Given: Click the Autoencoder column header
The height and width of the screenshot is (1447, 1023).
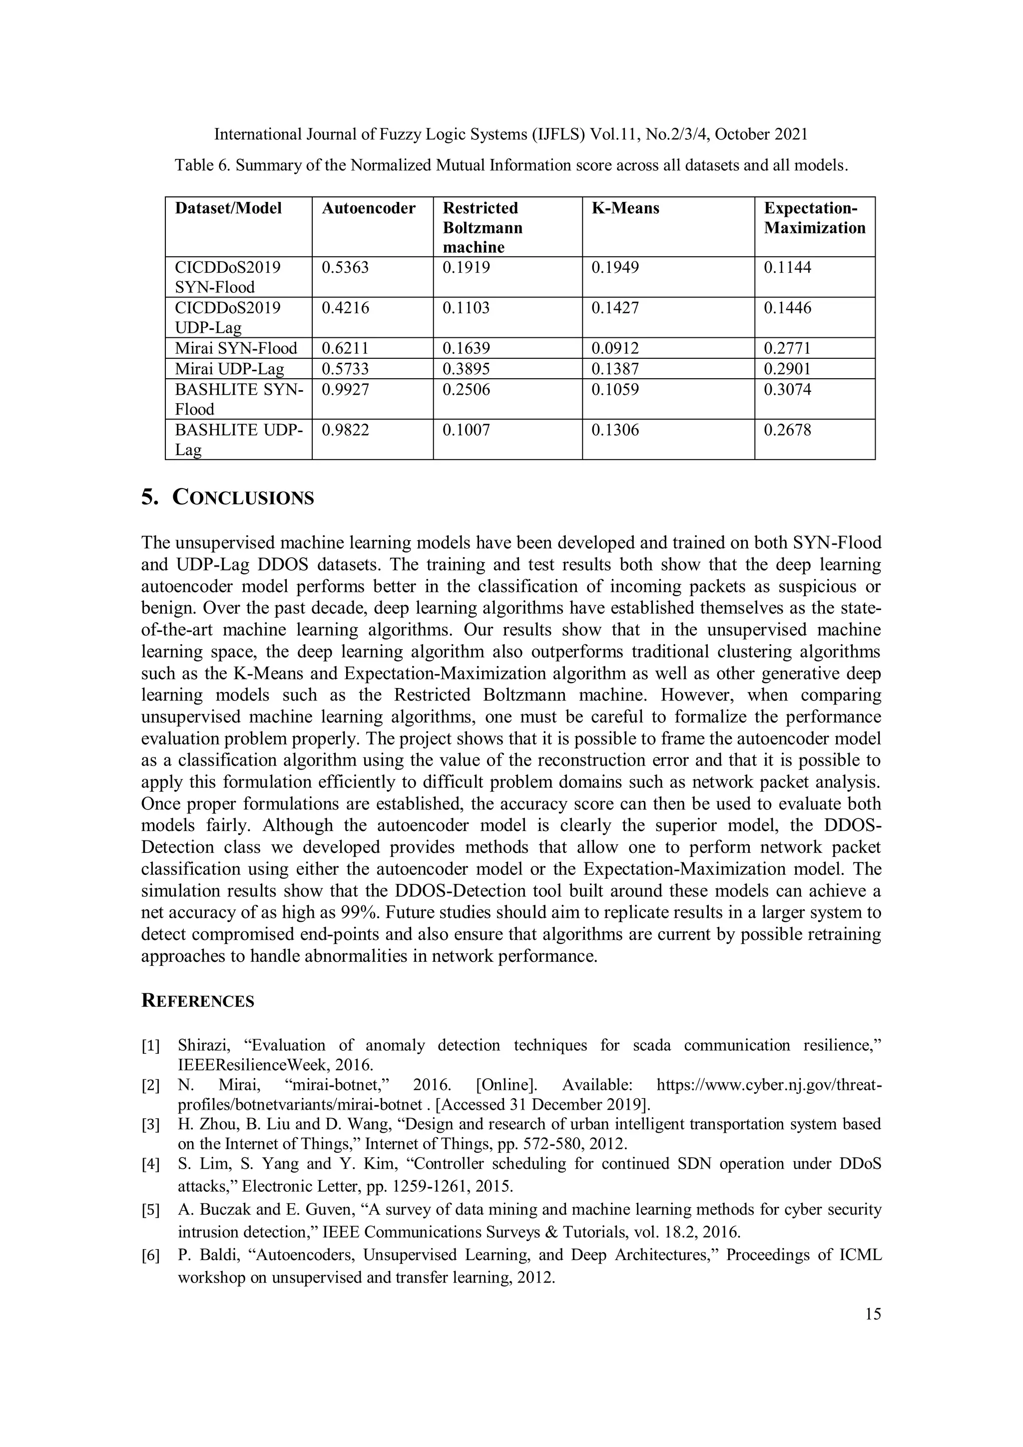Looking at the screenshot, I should click(x=369, y=208).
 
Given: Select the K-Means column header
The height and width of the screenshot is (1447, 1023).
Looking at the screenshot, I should click(x=625, y=208).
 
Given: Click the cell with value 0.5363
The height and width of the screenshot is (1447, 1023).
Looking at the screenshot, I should click(x=345, y=268).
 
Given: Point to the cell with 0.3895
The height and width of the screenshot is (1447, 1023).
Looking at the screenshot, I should click(x=466, y=369).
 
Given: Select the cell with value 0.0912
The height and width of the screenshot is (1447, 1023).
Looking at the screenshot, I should click(x=615, y=349).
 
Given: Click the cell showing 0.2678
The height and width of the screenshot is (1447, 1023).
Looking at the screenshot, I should click(x=787, y=430).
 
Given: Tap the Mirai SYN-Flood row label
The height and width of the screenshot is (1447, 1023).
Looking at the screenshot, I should click(x=236, y=349).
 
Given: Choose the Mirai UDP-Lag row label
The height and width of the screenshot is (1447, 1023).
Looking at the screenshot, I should click(x=229, y=369).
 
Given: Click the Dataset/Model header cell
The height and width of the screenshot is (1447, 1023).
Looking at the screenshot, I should click(x=228, y=208).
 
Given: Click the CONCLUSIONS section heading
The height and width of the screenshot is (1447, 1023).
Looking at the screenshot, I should click(x=243, y=498).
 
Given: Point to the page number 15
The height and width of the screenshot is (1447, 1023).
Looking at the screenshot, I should click(x=873, y=1314).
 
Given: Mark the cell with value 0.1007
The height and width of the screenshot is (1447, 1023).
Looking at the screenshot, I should click(x=466, y=430).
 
